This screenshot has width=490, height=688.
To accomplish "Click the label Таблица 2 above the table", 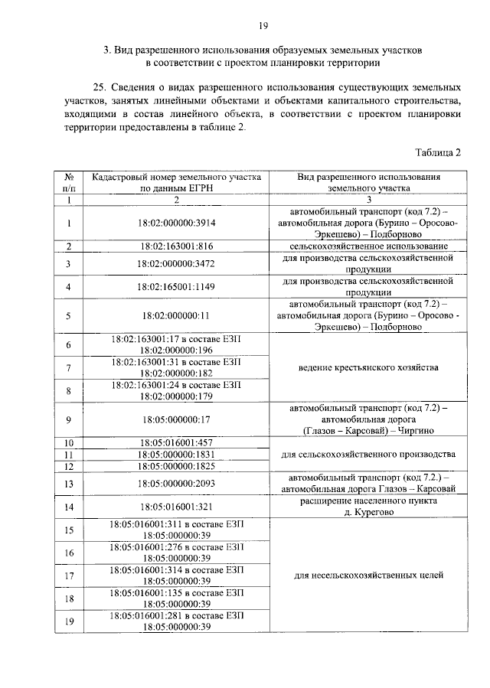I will [x=438, y=152].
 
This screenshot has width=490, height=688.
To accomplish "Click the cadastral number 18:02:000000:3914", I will [x=176, y=223].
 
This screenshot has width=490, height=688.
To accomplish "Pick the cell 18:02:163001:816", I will [x=176, y=246].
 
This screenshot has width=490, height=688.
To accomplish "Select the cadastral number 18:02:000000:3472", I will [x=176, y=263].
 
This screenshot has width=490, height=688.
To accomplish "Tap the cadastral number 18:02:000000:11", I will [x=176, y=315].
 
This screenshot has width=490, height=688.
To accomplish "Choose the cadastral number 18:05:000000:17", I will [x=176, y=419].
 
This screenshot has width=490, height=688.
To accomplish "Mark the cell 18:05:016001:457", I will [x=176, y=442].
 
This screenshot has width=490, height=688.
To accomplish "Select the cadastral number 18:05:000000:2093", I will [x=176, y=483].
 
